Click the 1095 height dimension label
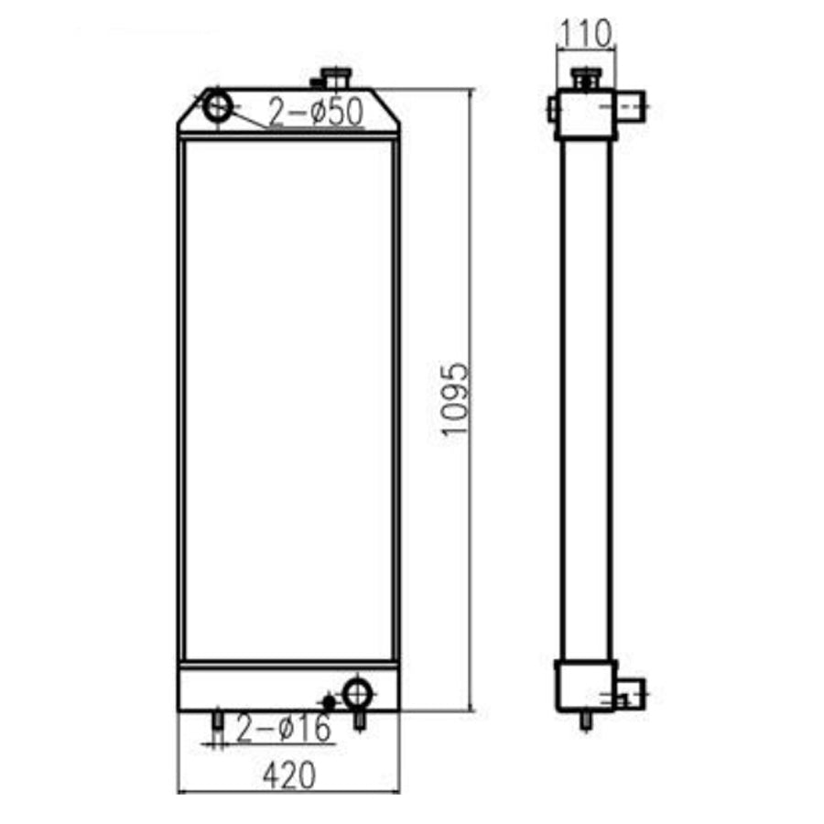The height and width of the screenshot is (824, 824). point(455,400)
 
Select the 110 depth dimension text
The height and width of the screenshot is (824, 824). point(586,35)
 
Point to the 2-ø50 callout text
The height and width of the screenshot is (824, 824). point(316,113)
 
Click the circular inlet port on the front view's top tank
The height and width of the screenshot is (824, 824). point(218,106)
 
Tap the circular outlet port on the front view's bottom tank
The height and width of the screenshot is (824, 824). point(356,693)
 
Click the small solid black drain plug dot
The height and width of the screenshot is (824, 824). point(329,701)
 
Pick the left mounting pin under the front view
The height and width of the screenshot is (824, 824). point(218,722)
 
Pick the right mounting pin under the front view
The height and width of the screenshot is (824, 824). point(361,721)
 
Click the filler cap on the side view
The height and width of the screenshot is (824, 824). point(584,78)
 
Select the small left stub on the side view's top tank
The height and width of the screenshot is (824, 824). point(552,109)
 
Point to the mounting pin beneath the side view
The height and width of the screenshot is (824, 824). point(586,721)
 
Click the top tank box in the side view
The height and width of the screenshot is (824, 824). point(584,115)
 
